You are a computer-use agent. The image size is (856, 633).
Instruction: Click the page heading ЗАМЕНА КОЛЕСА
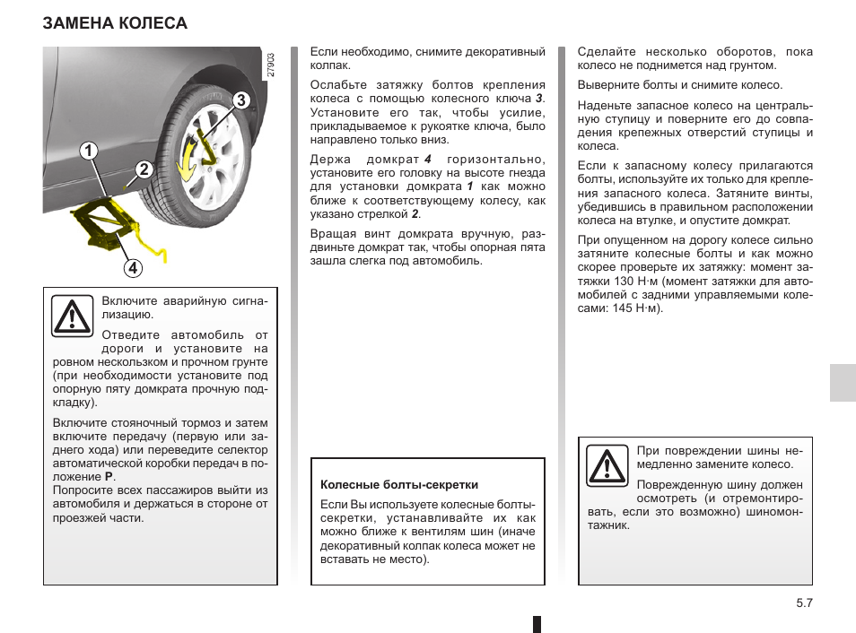click(x=115, y=23)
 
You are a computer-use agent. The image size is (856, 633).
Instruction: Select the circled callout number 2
click(x=144, y=169)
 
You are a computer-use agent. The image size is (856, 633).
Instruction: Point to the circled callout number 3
click(x=240, y=100)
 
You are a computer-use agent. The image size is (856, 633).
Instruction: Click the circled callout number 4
click(x=132, y=267)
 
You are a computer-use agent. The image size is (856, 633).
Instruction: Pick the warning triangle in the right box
click(x=607, y=465)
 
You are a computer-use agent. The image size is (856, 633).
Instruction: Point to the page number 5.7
click(x=803, y=604)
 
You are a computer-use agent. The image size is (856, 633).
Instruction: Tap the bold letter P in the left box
click(x=109, y=477)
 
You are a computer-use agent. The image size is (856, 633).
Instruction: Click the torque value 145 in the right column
click(x=619, y=308)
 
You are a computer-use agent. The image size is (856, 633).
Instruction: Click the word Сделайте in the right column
click(x=606, y=52)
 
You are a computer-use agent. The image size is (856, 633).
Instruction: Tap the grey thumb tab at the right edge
click(x=842, y=383)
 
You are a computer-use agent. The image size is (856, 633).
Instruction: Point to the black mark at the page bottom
click(x=536, y=624)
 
